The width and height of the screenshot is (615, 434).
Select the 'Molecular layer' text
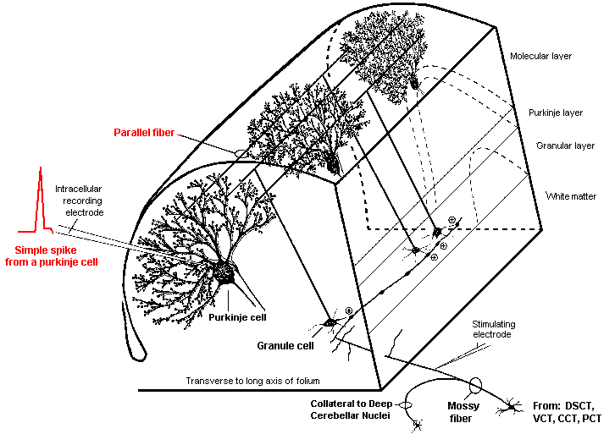[541, 57]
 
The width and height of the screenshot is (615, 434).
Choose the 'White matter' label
[571, 196]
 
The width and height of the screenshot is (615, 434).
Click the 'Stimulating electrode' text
[494, 329]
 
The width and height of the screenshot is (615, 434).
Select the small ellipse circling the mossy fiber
[474, 386]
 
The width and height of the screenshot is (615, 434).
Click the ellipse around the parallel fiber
[240, 154]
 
